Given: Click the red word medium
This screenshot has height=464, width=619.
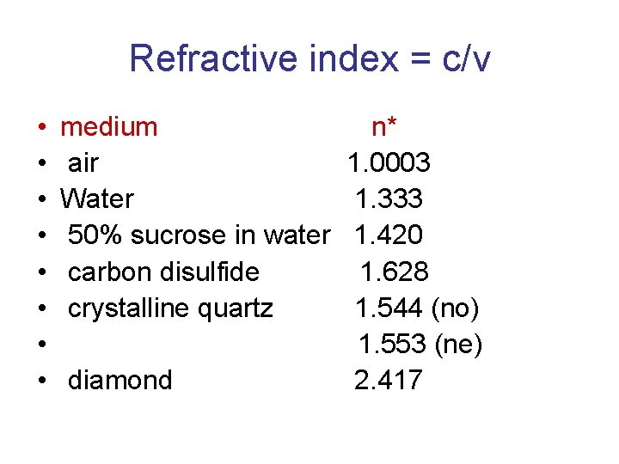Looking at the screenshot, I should click(x=109, y=127).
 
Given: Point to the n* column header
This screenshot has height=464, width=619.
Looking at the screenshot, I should click(x=383, y=127).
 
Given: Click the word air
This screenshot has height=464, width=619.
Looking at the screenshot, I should click(x=83, y=163).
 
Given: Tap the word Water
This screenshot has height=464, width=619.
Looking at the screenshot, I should click(x=97, y=199).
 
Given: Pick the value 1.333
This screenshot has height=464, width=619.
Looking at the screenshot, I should click(x=389, y=199).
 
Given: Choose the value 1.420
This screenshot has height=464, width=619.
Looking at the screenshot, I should click(x=389, y=235).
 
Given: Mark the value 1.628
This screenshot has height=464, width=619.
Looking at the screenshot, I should click(x=394, y=272).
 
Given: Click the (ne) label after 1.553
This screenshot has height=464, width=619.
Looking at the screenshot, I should click(x=458, y=345).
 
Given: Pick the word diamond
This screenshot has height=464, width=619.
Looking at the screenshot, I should click(x=120, y=380).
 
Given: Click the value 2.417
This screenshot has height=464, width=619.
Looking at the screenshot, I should click(x=389, y=380).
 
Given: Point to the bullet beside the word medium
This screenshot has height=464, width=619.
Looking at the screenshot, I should click(x=41, y=128).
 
